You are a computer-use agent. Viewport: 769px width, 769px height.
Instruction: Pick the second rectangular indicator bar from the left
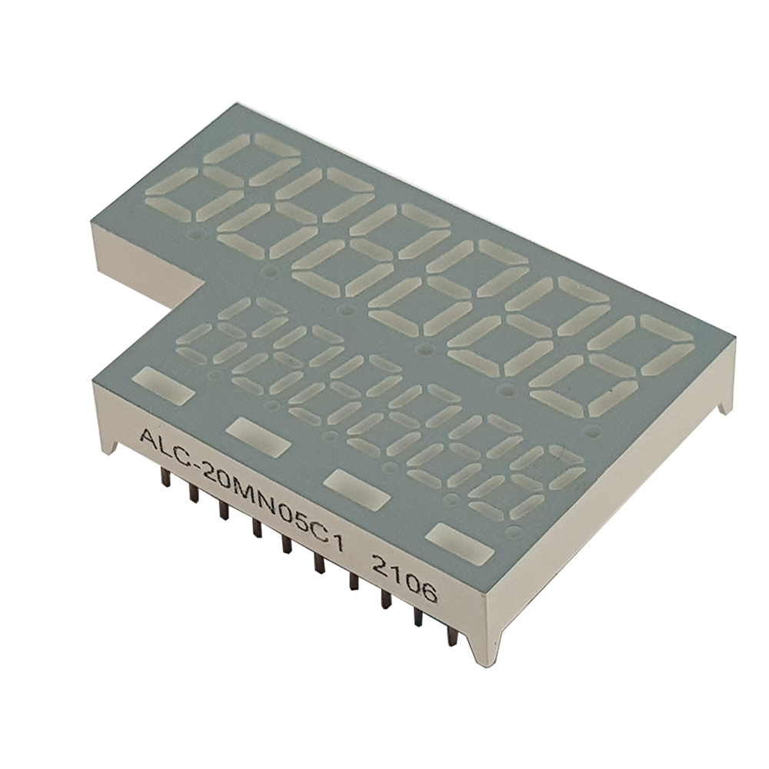coord(259,435)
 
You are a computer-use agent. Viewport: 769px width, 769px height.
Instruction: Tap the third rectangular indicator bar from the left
coord(358,488)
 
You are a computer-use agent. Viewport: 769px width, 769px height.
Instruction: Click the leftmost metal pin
coord(165,476)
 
